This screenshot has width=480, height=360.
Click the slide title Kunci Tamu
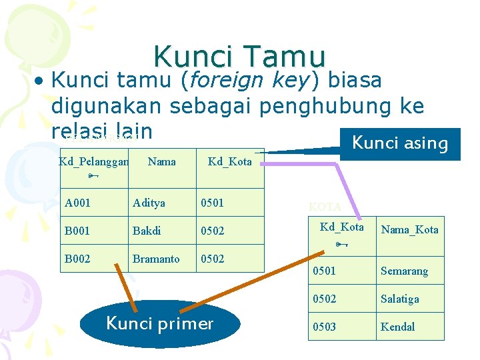point(239,57)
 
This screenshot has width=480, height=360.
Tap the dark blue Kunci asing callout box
point(400,143)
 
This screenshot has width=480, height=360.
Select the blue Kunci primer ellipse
point(159,324)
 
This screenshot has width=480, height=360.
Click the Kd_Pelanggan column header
point(93,161)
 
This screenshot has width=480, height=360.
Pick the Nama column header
point(162,161)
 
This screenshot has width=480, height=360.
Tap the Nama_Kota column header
point(409,230)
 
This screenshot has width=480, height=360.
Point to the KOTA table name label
point(325,207)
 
